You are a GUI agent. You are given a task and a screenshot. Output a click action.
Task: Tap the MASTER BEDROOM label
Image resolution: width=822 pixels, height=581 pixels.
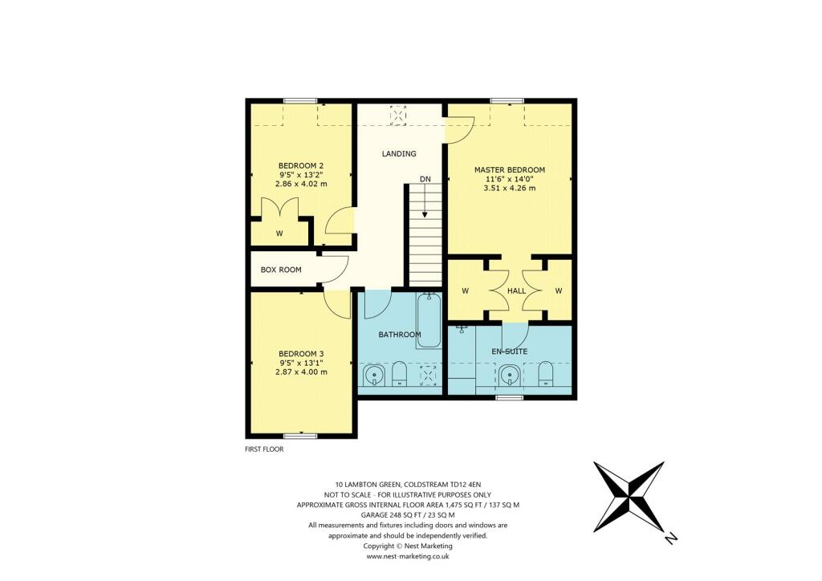[509, 169]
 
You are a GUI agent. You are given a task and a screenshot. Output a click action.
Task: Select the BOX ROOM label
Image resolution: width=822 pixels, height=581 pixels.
[281, 270]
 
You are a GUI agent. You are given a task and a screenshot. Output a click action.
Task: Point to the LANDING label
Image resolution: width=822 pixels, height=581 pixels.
[398, 153]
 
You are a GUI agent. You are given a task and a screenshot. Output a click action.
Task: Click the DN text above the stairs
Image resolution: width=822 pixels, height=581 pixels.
[425, 178]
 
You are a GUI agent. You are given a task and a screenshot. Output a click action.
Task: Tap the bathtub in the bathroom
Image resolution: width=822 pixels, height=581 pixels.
[429, 320]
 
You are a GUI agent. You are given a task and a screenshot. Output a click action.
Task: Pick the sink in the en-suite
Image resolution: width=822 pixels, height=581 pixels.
[508, 374]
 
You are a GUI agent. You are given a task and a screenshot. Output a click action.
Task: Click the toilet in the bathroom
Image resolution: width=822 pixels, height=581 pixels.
[399, 373]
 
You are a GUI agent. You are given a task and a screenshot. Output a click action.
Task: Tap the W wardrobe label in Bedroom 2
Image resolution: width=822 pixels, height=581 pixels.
[279, 234]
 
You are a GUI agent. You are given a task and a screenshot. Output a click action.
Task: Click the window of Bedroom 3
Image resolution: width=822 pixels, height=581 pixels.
[300, 436]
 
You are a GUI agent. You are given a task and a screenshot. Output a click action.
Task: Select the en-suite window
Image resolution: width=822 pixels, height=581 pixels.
[507, 397]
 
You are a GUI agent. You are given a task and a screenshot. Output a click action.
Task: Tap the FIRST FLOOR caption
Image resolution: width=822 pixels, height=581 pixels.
[264, 449]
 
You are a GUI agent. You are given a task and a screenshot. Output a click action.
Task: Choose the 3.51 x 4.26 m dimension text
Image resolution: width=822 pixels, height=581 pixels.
[509, 188]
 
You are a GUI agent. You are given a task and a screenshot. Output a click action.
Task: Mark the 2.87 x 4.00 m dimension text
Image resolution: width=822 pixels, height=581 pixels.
[300, 372]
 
